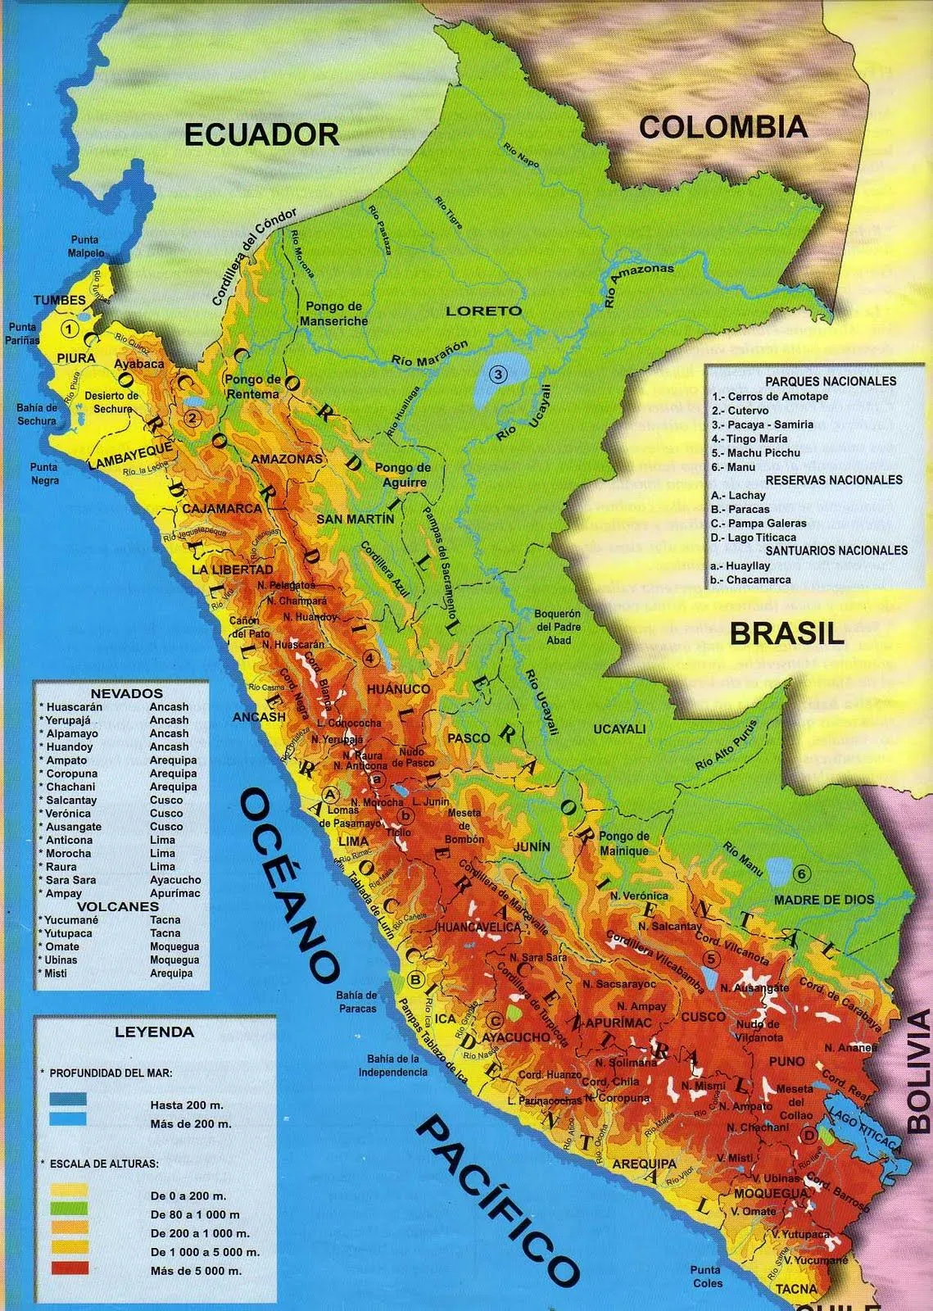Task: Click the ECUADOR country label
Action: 261,134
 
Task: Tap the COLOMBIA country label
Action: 722,127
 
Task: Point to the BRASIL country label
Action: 786,633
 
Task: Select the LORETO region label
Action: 483,311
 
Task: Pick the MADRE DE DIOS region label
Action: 823,899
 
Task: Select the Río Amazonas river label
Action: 639,285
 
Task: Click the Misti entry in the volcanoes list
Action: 57,973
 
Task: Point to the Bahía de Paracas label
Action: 356,1001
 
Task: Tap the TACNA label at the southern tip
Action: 796,1289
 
